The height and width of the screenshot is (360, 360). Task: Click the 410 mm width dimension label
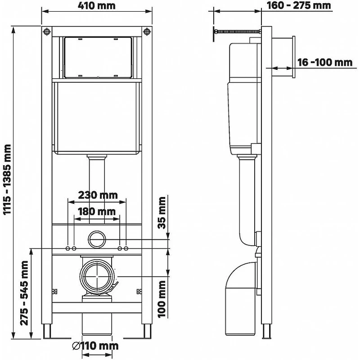[97, 5]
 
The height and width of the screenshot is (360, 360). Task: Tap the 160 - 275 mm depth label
[299, 5]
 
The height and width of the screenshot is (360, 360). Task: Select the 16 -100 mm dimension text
[324, 62]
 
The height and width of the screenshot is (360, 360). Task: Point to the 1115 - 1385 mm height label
[7, 179]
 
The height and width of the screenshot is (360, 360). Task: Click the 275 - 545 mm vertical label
[24, 293]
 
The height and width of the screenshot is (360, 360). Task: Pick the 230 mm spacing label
[98, 195]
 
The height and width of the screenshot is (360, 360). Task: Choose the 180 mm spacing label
[96, 211]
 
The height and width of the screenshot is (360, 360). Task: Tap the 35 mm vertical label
[162, 212]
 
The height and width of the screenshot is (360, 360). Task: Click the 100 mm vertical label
[162, 299]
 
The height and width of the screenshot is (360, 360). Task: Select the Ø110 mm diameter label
[95, 346]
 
